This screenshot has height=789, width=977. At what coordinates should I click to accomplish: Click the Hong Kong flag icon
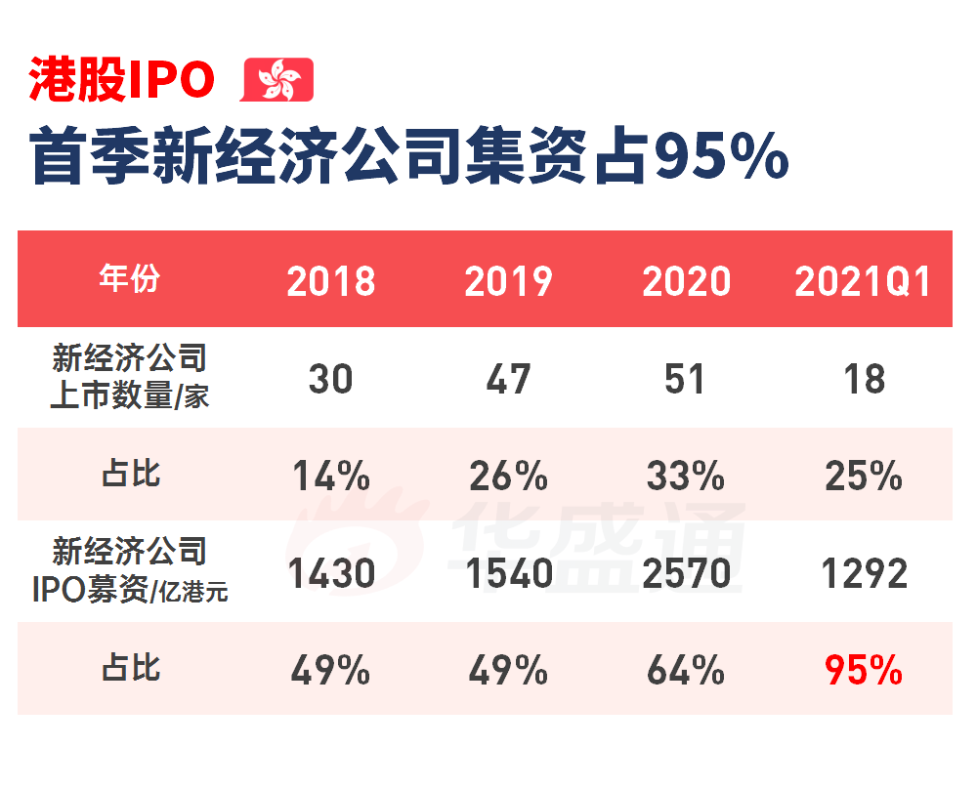pyautogui.click(x=277, y=79)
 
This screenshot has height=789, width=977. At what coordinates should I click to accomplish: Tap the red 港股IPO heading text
pyautogui.click(x=122, y=80)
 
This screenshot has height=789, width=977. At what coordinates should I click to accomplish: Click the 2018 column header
pyautogui.click(x=331, y=281)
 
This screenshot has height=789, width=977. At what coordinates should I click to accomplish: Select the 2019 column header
pyautogui.click(x=508, y=281)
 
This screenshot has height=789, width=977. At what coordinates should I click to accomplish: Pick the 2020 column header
pyautogui.click(x=686, y=281)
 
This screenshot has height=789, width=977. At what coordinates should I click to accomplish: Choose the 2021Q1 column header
pyautogui.click(x=863, y=281)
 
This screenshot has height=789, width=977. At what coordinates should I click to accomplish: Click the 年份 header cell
pyautogui.click(x=130, y=279)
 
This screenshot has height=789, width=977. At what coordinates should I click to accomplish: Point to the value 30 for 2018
pyautogui.click(x=330, y=379)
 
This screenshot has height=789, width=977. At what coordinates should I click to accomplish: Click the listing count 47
pyautogui.click(x=508, y=379)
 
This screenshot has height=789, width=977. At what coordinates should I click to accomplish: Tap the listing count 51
pyautogui.click(x=685, y=379)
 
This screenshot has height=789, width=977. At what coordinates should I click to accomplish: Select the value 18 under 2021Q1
pyautogui.click(x=864, y=379)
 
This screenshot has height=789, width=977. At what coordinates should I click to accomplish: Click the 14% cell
pyautogui.click(x=331, y=477)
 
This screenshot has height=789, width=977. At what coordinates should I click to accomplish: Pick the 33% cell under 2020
pyautogui.click(x=685, y=477)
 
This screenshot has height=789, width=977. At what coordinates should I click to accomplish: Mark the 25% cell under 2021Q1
pyautogui.click(x=864, y=477)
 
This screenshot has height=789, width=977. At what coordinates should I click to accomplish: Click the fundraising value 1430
pyautogui.click(x=331, y=574)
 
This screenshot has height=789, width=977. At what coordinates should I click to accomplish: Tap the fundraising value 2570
pyautogui.click(x=686, y=574)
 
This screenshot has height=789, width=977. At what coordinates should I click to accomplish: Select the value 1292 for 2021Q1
pyautogui.click(x=864, y=574)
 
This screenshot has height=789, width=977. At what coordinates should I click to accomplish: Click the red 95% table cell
pyautogui.click(x=864, y=671)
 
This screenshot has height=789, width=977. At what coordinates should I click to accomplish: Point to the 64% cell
pyautogui.click(x=685, y=671)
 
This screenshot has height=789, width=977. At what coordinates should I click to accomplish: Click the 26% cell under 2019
pyautogui.click(x=508, y=477)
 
